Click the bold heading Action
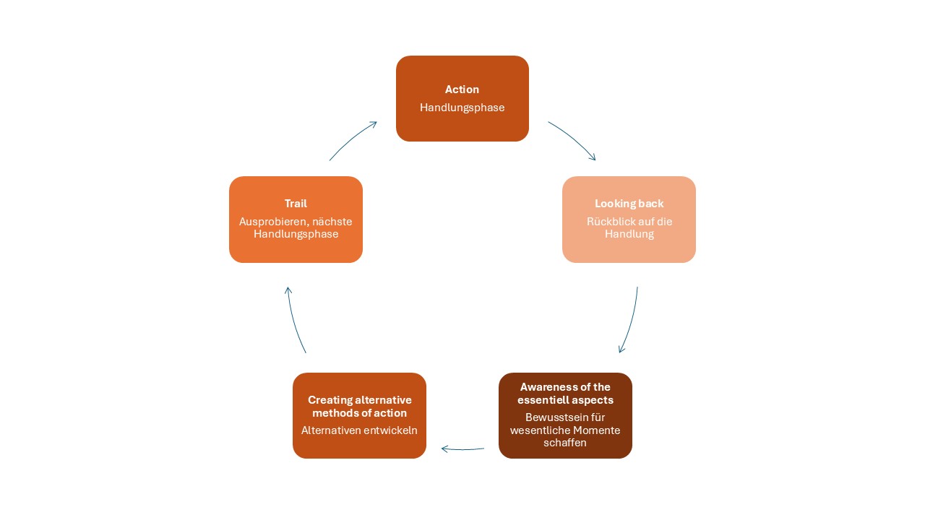pos(462,89)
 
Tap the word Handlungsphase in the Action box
pos(462,108)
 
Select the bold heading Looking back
pos(629,204)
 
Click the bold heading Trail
pos(296,204)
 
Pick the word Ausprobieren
pos(273,222)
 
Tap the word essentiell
pos(541,400)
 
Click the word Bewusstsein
pos(554,417)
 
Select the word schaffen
pos(565,443)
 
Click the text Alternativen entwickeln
pos(359,430)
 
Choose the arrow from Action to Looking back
pos(574,138)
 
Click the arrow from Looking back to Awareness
pos(631,321)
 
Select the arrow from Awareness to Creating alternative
pos(462,449)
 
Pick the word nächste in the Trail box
pos(332,222)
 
